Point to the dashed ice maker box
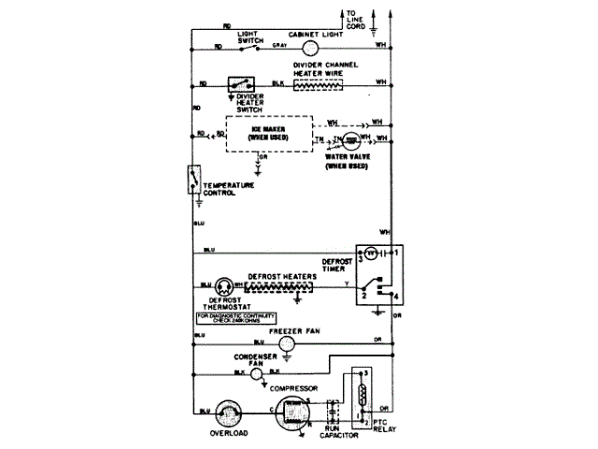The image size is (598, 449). point(267,133)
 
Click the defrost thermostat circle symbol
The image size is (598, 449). point(225,285)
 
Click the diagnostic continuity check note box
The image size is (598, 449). point(228,320)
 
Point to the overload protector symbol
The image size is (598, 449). point(228,412)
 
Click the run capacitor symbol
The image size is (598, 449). point(333,412)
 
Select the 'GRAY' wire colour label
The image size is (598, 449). point(279,44)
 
